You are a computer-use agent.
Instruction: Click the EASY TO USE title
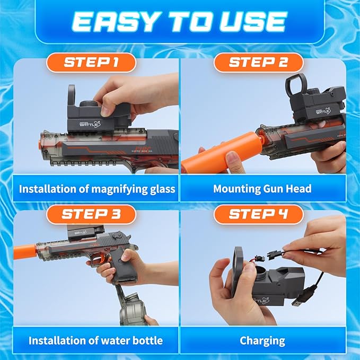[179, 21]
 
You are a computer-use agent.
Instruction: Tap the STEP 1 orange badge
[91, 63]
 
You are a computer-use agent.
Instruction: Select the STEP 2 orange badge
[258, 63]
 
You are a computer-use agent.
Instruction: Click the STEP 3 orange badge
[91, 214]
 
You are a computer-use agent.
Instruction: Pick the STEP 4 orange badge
[258, 214]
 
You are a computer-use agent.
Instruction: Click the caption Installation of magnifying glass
[96, 189]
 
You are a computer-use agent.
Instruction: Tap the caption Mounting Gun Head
[262, 189]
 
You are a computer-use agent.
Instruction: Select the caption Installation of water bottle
[95, 340]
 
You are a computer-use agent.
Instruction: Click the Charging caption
[262, 340]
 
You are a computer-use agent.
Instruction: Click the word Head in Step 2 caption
[298, 189]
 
